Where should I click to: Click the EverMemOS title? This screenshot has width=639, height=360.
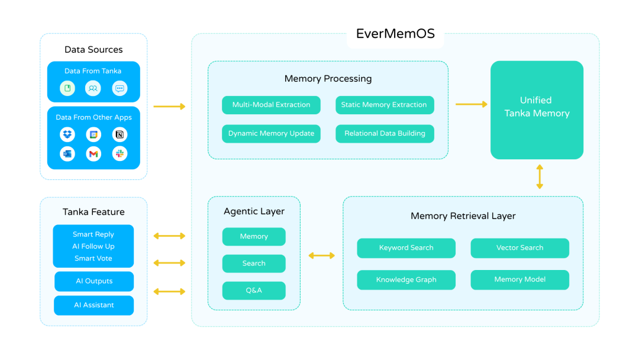point(395,34)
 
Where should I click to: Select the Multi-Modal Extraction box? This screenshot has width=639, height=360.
point(271,105)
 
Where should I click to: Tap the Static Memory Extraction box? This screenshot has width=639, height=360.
point(384,105)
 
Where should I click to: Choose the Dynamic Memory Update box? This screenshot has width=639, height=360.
point(271,133)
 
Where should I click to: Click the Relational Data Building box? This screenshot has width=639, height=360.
point(384,133)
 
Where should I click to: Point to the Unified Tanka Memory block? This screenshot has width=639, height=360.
point(537,110)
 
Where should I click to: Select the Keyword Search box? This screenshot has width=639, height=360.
point(406,247)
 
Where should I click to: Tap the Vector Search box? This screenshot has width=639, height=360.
point(519,247)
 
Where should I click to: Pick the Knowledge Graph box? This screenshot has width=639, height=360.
point(406,279)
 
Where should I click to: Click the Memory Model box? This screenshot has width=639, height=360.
point(519,279)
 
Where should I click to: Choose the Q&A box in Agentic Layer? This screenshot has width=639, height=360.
point(254,290)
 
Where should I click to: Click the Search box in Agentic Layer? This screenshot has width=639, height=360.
point(254,263)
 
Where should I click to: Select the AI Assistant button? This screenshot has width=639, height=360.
point(93,305)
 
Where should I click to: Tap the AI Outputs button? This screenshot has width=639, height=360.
point(93,281)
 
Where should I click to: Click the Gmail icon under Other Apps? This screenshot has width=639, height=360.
point(93,154)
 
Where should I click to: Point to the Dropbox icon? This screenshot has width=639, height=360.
point(67,134)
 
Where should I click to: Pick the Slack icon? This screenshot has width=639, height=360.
point(120,154)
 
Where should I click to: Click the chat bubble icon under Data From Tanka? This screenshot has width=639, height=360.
point(120,89)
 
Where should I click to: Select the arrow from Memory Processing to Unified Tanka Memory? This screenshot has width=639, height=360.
point(471,104)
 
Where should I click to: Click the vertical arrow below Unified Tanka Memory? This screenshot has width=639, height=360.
point(539,177)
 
